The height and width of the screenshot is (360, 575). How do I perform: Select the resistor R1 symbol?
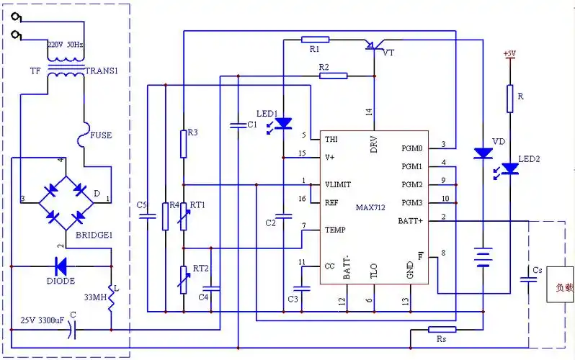click(x=316, y=40)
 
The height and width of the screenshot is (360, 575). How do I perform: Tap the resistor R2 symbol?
click(x=333, y=75)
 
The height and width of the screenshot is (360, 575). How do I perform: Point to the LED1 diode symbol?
click(x=283, y=123)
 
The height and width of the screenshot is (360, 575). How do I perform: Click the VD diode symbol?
click(x=482, y=153)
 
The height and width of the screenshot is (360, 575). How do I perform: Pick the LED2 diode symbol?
click(x=510, y=168)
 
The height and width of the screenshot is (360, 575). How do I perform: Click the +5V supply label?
click(x=509, y=53)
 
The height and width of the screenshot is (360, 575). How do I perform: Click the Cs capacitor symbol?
click(x=530, y=280)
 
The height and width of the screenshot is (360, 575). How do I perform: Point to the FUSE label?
click(x=100, y=135)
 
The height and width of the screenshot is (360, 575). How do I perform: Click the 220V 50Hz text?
click(x=66, y=45)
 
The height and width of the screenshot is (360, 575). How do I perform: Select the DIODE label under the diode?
click(x=61, y=281)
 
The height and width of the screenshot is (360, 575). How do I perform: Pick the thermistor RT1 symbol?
click(x=184, y=217)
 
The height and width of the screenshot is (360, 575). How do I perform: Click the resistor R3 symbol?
click(x=184, y=143)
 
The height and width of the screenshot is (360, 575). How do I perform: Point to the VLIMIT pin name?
click(x=338, y=184)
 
